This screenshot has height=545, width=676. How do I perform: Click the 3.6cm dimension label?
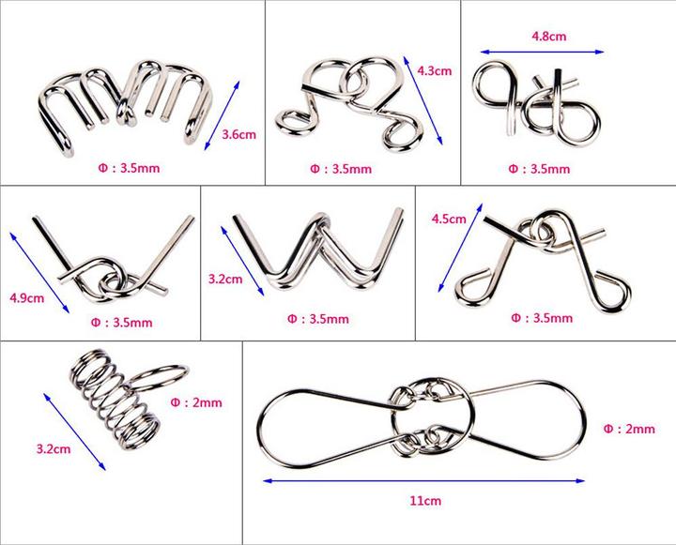click(238, 134)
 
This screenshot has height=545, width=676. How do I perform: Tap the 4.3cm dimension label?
click(435, 70)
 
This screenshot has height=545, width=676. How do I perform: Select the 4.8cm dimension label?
click(549, 37)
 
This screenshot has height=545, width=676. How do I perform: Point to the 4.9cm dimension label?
click(26, 297)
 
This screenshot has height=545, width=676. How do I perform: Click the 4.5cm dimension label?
click(449, 219)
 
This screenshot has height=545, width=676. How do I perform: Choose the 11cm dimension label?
click(425, 501)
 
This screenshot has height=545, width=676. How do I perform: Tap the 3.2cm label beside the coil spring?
click(54, 449)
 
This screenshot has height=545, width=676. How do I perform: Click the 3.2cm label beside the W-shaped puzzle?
click(225, 279)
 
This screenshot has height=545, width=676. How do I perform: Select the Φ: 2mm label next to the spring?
click(196, 402)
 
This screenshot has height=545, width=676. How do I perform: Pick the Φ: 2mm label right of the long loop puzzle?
click(629, 429)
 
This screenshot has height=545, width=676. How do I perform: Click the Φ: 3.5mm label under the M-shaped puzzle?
click(129, 168)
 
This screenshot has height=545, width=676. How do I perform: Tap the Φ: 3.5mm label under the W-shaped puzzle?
click(317, 319)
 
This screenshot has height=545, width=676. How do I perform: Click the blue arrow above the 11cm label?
click(423, 481)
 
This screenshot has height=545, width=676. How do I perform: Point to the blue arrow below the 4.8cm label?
click(542, 52)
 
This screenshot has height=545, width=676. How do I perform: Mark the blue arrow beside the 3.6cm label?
click(222, 115)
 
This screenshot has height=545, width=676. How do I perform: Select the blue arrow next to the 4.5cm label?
click(460, 248)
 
